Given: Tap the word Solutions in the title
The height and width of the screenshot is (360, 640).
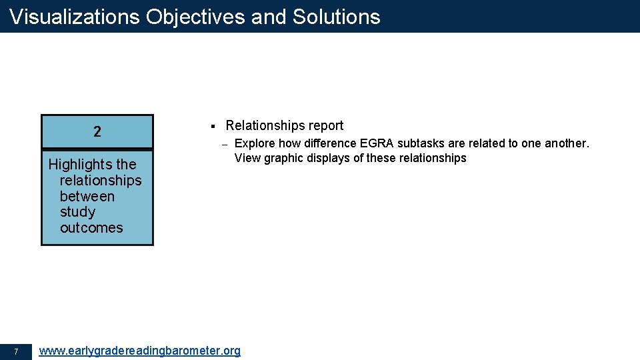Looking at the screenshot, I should [338, 17].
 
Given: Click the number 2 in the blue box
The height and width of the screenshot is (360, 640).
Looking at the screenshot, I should [97, 132].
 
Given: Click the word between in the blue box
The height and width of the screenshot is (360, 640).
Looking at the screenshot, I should [87, 197].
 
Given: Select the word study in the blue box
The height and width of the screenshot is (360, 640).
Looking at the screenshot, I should [77, 212].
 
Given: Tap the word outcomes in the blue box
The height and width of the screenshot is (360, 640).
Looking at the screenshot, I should [91, 228].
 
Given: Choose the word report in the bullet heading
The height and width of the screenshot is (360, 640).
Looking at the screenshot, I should [323, 126].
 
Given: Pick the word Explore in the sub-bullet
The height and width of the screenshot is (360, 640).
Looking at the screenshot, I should [255, 143].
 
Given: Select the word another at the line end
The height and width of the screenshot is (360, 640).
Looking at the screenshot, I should [567, 143].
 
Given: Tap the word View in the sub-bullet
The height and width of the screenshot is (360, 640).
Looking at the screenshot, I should [247, 158].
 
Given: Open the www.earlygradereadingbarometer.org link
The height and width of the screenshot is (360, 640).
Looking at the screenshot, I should [140, 351].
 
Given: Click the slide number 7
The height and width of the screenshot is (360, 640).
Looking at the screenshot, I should [16, 351].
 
